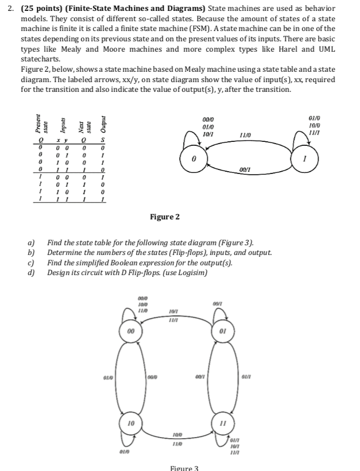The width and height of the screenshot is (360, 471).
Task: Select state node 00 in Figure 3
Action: coord(131,331)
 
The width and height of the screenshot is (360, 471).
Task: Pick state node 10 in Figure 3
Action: coord(131,422)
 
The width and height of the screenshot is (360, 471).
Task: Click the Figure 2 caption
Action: coord(165,217)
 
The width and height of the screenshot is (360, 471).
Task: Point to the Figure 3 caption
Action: coord(184,468)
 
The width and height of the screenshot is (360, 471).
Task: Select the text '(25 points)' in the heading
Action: coord(39,8)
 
